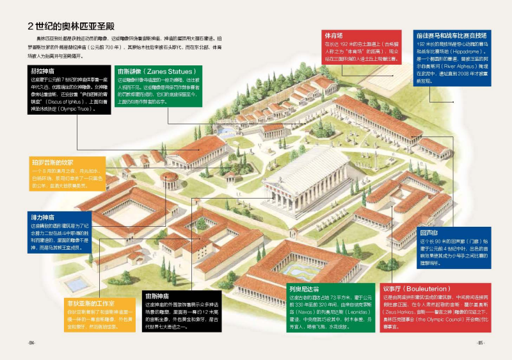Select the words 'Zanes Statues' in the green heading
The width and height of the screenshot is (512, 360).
(166, 71)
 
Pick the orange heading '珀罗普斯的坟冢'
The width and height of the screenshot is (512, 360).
(52, 163)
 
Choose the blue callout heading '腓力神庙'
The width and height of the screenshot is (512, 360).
(42, 217)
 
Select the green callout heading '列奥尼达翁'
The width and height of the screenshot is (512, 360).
(303, 289)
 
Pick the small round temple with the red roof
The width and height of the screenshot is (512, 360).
(170, 181)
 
